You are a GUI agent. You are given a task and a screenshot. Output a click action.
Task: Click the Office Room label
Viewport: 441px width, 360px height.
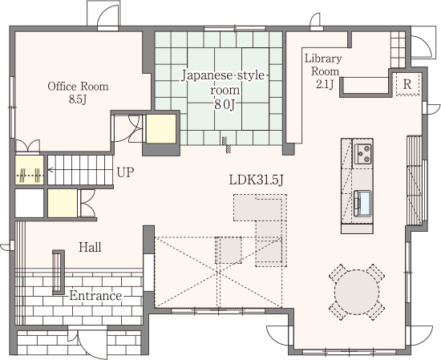78,87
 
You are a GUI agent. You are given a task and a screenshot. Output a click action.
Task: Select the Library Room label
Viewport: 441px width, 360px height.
324,65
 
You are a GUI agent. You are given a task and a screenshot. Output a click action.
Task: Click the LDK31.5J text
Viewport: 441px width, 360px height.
256,180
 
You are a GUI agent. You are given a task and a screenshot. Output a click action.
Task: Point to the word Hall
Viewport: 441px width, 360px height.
90,247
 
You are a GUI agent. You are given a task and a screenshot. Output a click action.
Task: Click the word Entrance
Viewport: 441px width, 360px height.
95,296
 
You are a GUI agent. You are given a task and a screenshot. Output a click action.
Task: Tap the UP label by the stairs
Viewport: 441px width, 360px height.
125,172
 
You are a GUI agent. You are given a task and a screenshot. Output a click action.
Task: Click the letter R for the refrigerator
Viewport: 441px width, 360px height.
407,84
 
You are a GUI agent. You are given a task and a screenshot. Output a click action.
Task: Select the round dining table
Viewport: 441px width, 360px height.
357,292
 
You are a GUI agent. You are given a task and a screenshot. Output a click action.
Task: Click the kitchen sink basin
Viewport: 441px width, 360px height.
362,204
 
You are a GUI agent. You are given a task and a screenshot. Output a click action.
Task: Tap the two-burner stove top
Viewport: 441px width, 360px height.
363,154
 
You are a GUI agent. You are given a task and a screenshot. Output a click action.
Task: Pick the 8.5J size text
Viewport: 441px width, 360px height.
78,99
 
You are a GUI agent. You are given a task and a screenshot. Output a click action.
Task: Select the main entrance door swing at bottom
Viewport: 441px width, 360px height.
87,342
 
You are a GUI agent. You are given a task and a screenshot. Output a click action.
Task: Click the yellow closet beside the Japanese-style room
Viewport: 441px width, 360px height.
161,128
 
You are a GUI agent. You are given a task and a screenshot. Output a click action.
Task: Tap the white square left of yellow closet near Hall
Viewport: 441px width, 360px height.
29,203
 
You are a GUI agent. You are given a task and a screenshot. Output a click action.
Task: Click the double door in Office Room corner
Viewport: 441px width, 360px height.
27,146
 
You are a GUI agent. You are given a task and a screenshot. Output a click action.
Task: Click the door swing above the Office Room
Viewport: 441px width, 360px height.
108,17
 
